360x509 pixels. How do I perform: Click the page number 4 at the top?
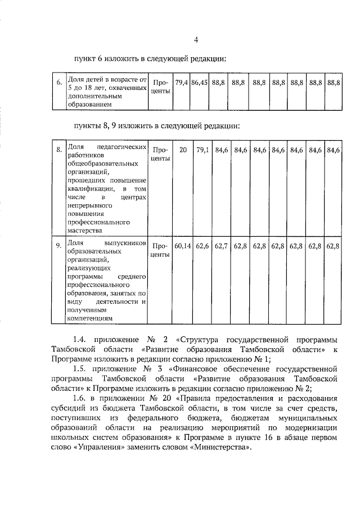(x=196, y=39)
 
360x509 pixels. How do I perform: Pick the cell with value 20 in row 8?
(x=183, y=150)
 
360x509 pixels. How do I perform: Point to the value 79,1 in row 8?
(x=202, y=150)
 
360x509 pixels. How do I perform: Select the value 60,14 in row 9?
(x=183, y=246)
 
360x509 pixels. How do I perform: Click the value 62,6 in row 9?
(x=202, y=246)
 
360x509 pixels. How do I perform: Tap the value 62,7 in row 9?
(x=222, y=246)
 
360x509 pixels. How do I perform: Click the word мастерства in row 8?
(x=85, y=230)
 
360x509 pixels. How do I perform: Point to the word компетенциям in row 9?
(x=90, y=318)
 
